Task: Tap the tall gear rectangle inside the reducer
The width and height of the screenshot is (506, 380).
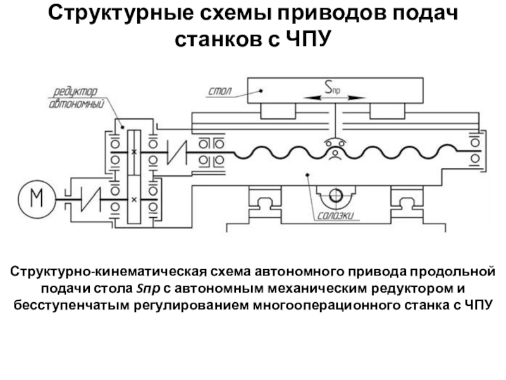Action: [x=133, y=175]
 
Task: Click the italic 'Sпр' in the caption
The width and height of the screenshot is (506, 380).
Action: [x=144, y=290]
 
